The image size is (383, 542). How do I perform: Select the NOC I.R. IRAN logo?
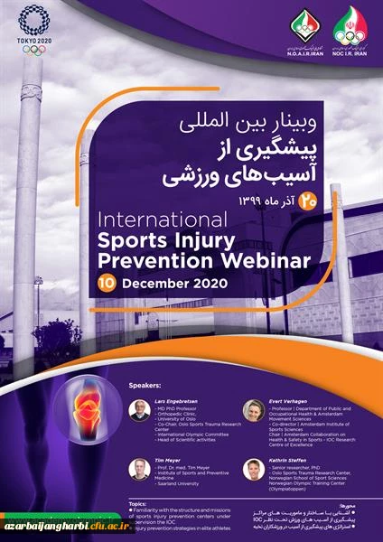[x=351, y=30]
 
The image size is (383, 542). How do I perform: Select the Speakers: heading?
[x=148, y=382]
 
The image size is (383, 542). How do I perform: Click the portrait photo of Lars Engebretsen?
[x=138, y=410]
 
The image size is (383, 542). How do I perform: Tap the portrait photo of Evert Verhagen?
[x=253, y=410]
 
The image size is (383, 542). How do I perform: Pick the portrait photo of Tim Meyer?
[x=138, y=469]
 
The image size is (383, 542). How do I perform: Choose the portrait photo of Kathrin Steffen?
[x=253, y=469]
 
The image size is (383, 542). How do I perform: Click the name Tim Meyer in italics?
[x=170, y=458]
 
